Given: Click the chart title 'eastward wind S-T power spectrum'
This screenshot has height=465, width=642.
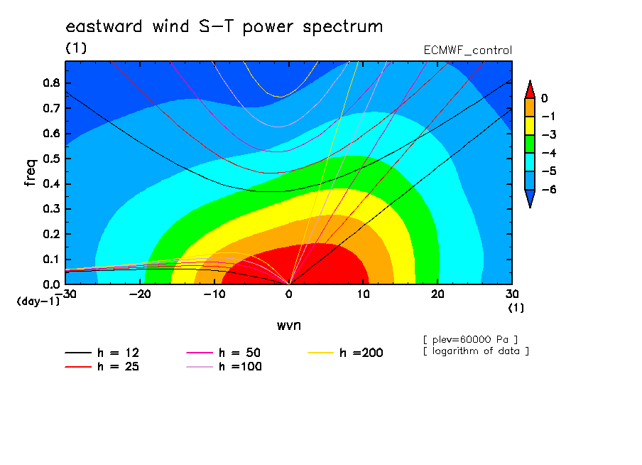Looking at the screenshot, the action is click(x=224, y=26).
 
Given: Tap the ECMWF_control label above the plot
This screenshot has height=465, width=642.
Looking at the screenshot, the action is click(x=467, y=50).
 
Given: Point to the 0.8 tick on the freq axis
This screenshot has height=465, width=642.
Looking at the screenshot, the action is click(x=52, y=82).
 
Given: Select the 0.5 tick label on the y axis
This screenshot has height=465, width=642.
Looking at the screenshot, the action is click(x=52, y=159).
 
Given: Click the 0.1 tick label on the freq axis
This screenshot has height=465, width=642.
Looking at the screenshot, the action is click(x=52, y=260).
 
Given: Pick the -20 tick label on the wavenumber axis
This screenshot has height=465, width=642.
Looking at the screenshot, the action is click(x=140, y=294).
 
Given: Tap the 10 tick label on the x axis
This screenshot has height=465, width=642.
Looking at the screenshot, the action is click(x=363, y=294).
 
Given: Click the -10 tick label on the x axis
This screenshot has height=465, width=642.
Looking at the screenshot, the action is click(x=214, y=294).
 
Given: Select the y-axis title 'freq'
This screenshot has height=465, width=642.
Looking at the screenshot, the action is click(x=30, y=173).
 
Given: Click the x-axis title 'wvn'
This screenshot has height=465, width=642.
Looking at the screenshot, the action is click(x=289, y=326).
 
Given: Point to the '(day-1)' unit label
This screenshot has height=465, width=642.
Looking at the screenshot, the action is click(x=38, y=301).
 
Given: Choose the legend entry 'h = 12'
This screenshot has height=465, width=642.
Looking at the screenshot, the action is click(x=102, y=353).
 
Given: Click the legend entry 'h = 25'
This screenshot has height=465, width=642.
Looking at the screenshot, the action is click(x=102, y=366).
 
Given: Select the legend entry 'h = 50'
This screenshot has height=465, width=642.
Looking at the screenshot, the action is click(x=224, y=353).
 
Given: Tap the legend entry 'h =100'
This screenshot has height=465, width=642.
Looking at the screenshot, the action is click(x=224, y=366).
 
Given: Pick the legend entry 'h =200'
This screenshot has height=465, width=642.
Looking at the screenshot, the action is click(x=345, y=353).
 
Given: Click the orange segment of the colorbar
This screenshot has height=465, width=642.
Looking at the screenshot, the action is click(x=530, y=107).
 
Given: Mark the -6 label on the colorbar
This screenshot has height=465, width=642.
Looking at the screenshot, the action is click(x=549, y=189).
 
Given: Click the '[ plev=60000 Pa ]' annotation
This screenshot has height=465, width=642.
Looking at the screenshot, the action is click(x=470, y=340).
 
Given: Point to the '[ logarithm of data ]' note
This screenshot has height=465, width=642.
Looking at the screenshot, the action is click(x=477, y=351).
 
